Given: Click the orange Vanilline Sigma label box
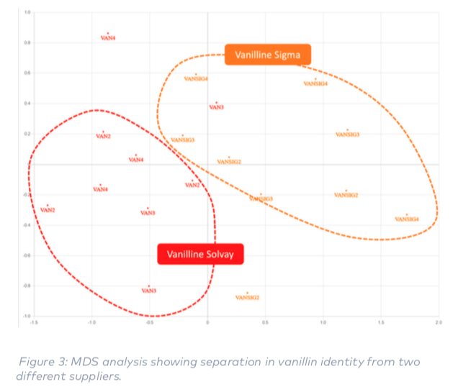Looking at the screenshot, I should (267, 55).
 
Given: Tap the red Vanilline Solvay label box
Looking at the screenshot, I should (200, 254).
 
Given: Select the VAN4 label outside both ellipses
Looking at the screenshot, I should (108, 37).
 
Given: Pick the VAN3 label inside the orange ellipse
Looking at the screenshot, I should (216, 107).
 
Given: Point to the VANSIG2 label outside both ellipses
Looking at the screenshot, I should (247, 297).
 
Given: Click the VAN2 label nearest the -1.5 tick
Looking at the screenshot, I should (48, 210).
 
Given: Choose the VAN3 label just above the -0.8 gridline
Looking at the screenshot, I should (148, 291).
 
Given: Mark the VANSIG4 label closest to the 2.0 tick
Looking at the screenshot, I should (406, 219).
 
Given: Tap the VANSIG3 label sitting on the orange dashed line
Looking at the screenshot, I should (261, 199).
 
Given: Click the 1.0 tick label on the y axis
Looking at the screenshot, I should (27, 13).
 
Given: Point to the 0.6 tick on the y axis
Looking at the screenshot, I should (27, 73).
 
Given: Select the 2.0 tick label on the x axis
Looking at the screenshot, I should (438, 322).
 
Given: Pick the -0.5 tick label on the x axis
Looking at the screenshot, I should (148, 322).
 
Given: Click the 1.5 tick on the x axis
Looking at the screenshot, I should (380, 322).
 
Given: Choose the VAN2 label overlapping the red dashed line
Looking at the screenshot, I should (192, 186).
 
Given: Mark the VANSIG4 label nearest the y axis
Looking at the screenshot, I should (196, 78).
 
